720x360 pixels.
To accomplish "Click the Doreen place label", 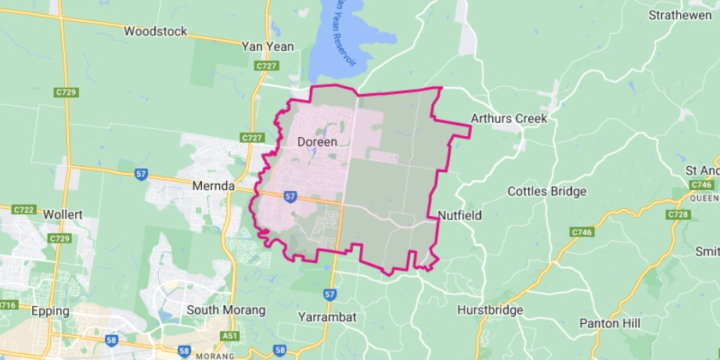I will click(x=317, y=142).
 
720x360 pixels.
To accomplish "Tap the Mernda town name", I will click(x=214, y=186).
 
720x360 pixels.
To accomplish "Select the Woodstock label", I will click(x=156, y=31).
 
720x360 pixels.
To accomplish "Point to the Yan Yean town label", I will click(x=268, y=46).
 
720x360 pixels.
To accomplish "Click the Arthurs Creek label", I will click(x=509, y=119).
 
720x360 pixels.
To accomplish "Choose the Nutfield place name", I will click(x=459, y=214).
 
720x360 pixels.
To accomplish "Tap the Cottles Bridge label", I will click(x=546, y=191).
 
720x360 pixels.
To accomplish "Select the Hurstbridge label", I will click(x=490, y=310).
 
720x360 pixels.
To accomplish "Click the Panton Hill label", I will click(x=610, y=322).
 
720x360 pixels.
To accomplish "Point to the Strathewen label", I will click(x=679, y=15).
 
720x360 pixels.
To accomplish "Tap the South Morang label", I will click(x=225, y=310).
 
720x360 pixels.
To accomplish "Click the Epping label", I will click(x=50, y=311).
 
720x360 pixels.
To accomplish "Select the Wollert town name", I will click(x=63, y=214).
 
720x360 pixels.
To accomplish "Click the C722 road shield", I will click(x=23, y=210).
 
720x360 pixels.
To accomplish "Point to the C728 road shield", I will click(x=678, y=214).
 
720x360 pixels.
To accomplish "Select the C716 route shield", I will click(x=6, y=304).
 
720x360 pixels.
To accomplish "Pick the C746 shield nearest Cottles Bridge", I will click(x=581, y=232).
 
